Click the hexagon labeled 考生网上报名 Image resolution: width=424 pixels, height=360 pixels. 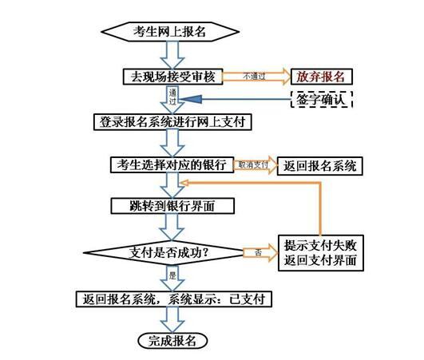pyautogui.click(x=170, y=32)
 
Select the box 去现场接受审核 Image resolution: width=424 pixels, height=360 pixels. pyautogui.click(x=172, y=77)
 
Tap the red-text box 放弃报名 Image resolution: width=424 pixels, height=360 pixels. pyautogui.click(x=322, y=77)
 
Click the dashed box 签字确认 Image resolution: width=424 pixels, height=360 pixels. pyautogui.click(x=322, y=100)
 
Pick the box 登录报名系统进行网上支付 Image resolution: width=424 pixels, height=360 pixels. pyautogui.click(x=172, y=122)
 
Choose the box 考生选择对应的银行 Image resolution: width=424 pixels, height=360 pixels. pyautogui.click(x=172, y=164)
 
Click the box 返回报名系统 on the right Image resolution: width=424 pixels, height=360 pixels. pyautogui.click(x=320, y=166)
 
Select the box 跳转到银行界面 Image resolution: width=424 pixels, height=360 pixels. pyautogui.click(x=172, y=206)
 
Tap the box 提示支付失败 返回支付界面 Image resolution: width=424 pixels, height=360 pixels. pyautogui.click(x=321, y=253)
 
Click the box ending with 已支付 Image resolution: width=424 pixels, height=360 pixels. pyautogui.click(x=174, y=299)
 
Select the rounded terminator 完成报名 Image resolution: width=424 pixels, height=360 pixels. pyautogui.click(x=172, y=341)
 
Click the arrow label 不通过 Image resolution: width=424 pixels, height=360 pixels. pyautogui.click(x=254, y=77)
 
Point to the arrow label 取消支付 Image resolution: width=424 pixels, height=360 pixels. pyautogui.click(x=253, y=164)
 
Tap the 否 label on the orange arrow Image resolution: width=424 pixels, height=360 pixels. pyautogui.click(x=259, y=253)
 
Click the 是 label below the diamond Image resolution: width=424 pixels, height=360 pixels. pyautogui.click(x=172, y=275)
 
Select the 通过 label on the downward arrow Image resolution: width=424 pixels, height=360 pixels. pyautogui.click(x=172, y=97)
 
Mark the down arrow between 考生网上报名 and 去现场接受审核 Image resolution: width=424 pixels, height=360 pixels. pyautogui.click(x=172, y=55)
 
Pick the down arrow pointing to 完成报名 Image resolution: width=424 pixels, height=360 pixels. pyautogui.click(x=172, y=320)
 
